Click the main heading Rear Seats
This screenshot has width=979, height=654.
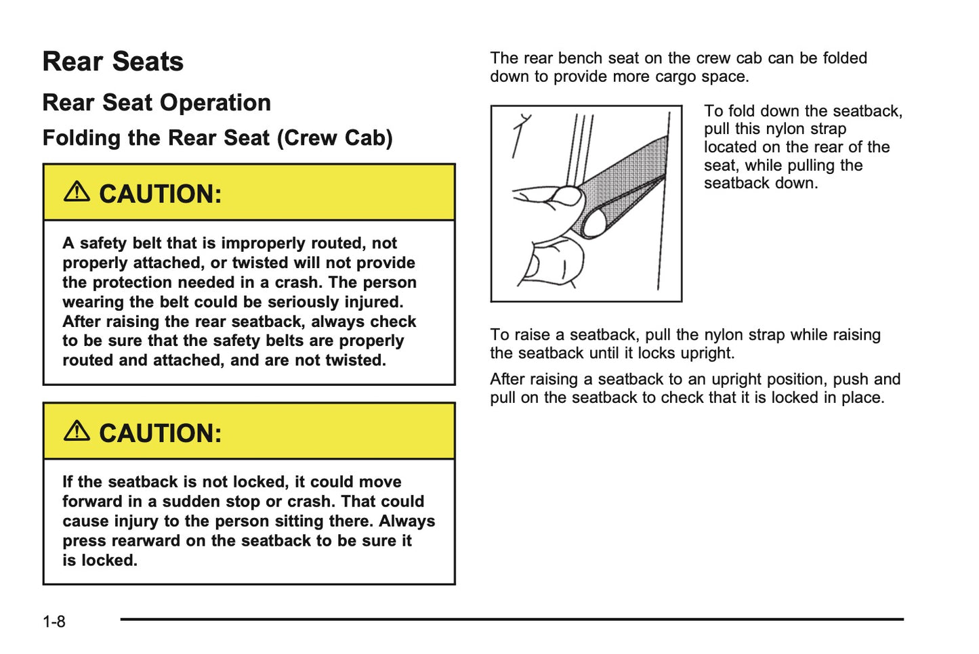[x=112, y=62]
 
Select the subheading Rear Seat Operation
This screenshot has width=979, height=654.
[x=157, y=103]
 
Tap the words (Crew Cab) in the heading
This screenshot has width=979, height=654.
[x=335, y=138]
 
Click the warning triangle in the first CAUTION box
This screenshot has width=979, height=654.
[x=77, y=192]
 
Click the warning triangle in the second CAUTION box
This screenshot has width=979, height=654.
[x=77, y=431]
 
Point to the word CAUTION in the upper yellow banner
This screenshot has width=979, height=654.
[x=160, y=194]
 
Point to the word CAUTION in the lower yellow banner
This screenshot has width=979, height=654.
[x=160, y=433]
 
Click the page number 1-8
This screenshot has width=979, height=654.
[x=54, y=622]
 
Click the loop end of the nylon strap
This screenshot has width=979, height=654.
[x=594, y=223]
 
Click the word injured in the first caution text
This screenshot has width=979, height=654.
[x=373, y=302]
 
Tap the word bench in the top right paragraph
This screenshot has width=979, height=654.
[x=581, y=58]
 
